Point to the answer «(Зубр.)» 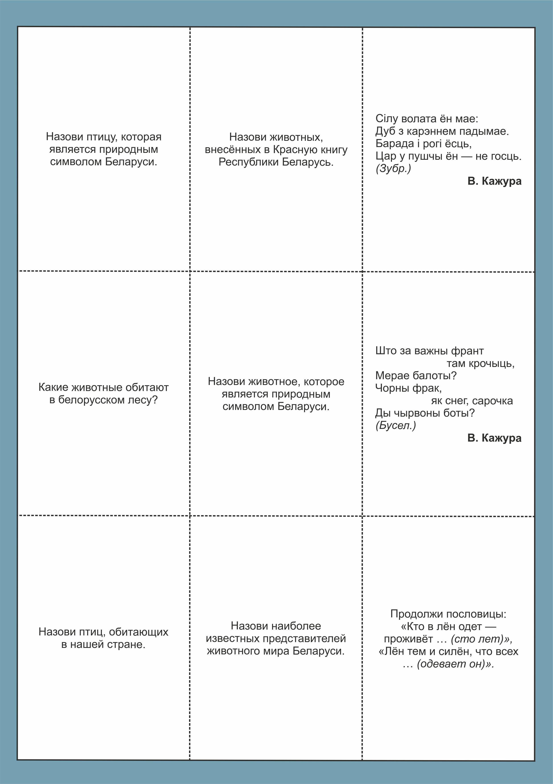coord(393,168)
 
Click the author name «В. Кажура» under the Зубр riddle coord(494,181)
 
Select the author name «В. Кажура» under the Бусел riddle coord(494,438)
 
